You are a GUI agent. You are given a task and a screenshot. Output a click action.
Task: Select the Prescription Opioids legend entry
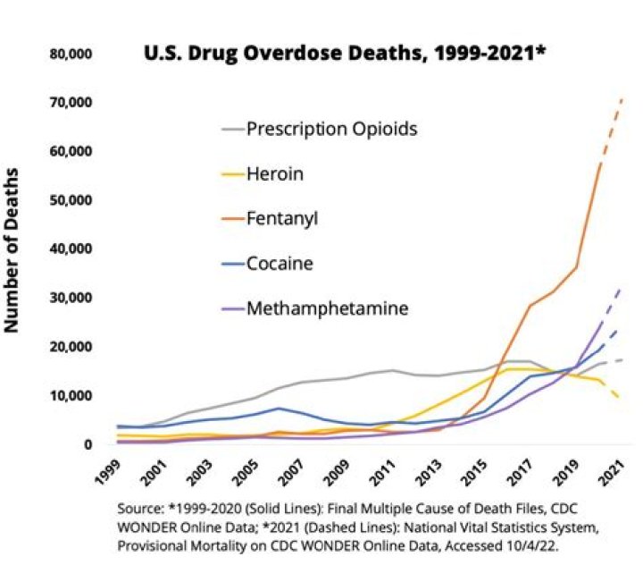click(332, 129)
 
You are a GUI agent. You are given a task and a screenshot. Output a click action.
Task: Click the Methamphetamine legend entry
click(326, 308)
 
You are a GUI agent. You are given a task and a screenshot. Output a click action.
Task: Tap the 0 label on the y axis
click(88, 444)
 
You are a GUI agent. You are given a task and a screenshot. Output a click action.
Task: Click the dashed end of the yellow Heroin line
click(615, 392)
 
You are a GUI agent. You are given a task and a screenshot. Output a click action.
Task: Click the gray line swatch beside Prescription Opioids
click(233, 130)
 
